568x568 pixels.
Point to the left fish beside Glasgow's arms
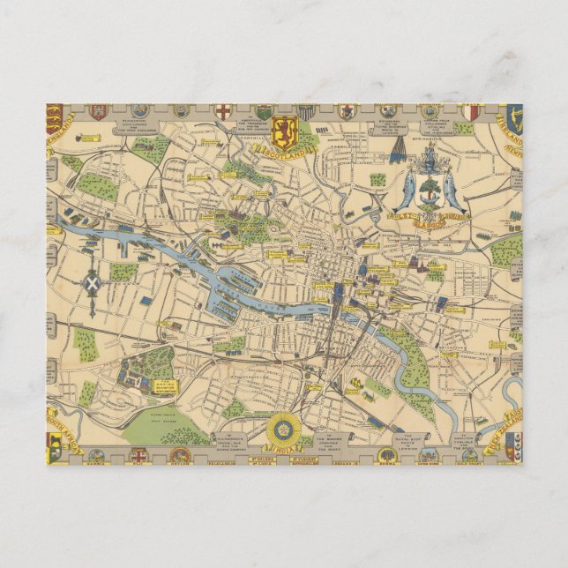[406, 189]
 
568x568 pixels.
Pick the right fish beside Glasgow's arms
[452, 189]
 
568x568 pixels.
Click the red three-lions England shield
[55, 117]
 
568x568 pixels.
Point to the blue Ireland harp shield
[514, 117]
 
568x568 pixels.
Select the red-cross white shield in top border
[224, 112]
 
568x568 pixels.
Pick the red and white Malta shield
[473, 112]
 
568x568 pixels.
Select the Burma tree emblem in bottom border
[385, 455]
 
